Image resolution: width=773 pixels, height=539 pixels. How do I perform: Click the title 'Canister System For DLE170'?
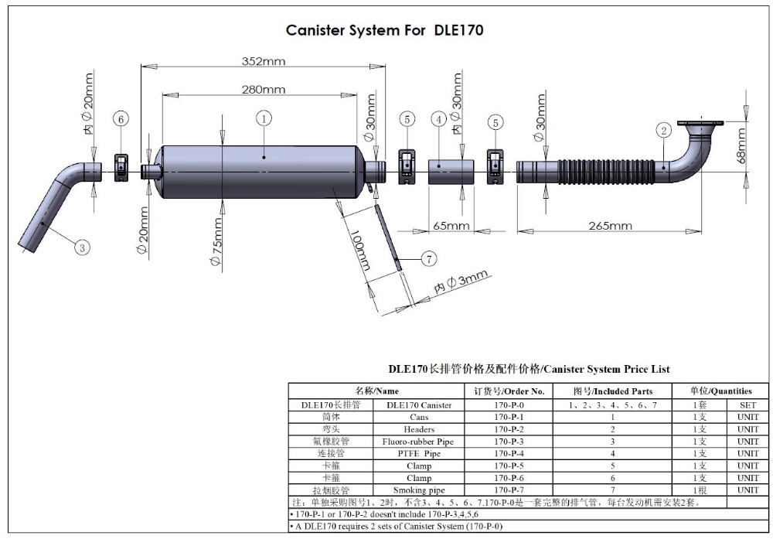[384, 31]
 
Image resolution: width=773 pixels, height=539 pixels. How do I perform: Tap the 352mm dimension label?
[262, 61]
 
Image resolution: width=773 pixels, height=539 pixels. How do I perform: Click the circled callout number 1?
[264, 118]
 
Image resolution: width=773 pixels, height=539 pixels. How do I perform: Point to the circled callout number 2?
[663, 130]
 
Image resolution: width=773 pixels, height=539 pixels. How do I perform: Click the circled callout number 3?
[82, 247]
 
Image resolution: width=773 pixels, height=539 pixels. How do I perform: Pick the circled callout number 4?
[439, 119]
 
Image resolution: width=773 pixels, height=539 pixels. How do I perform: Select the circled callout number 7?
[429, 259]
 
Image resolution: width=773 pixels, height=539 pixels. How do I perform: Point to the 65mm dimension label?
[451, 226]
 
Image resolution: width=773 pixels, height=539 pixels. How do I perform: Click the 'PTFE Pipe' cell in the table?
[419, 454]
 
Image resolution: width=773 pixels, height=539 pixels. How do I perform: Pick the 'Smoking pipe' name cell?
[419, 490]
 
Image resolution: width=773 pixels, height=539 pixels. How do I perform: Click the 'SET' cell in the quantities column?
[747, 404]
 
